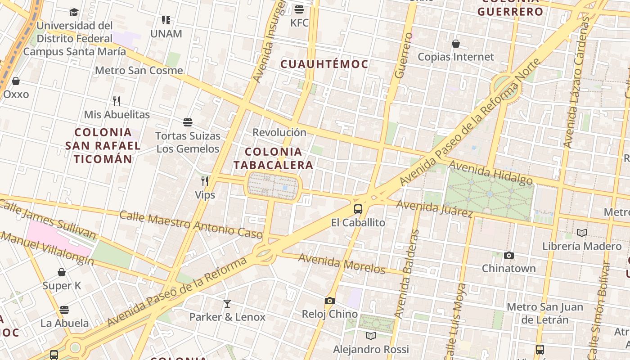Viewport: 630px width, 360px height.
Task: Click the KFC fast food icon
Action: pyautogui.click(x=299, y=9)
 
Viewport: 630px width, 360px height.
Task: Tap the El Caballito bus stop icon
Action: pyautogui.click(x=358, y=209)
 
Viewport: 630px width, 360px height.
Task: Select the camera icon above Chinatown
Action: pyautogui.click(x=509, y=256)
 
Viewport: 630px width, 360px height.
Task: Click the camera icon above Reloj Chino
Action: pyautogui.click(x=330, y=301)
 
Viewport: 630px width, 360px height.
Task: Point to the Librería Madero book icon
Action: pyautogui.click(x=582, y=233)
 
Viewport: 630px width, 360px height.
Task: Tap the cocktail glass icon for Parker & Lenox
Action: pyautogui.click(x=227, y=304)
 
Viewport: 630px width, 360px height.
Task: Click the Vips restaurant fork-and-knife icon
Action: pyautogui.click(x=205, y=181)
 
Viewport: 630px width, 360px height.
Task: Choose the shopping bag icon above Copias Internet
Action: pyautogui.click(x=456, y=44)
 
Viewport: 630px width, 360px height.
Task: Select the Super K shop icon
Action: pyautogui.click(x=62, y=272)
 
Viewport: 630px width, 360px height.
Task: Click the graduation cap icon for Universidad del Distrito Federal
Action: pyautogui.click(x=74, y=12)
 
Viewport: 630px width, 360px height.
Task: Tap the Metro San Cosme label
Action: pyautogui.click(x=139, y=71)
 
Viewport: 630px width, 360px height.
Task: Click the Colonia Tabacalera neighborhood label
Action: pyautogui.click(x=273, y=158)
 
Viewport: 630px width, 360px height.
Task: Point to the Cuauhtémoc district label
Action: pyautogui.click(x=324, y=64)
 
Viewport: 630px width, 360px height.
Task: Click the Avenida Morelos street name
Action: pyautogui.click(x=342, y=264)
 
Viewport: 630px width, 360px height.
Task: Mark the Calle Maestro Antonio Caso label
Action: pyautogui.click(x=191, y=224)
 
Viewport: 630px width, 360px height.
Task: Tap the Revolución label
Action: pyautogui.click(x=279, y=132)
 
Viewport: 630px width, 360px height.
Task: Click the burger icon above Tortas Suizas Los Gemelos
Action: pyautogui.click(x=188, y=122)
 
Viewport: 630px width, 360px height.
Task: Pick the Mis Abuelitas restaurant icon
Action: pyautogui.click(x=117, y=101)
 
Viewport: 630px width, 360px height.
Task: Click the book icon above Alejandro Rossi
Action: pyautogui.click(x=371, y=336)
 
